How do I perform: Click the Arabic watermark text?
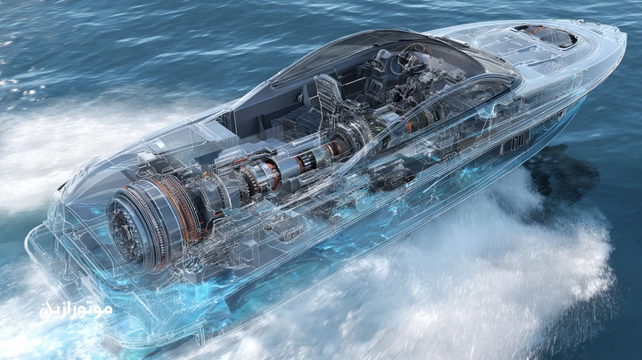pyautogui.click(x=76, y=310)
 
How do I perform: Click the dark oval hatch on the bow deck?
pyautogui.click(x=546, y=35)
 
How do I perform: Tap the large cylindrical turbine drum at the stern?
pyautogui.click(x=151, y=223)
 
